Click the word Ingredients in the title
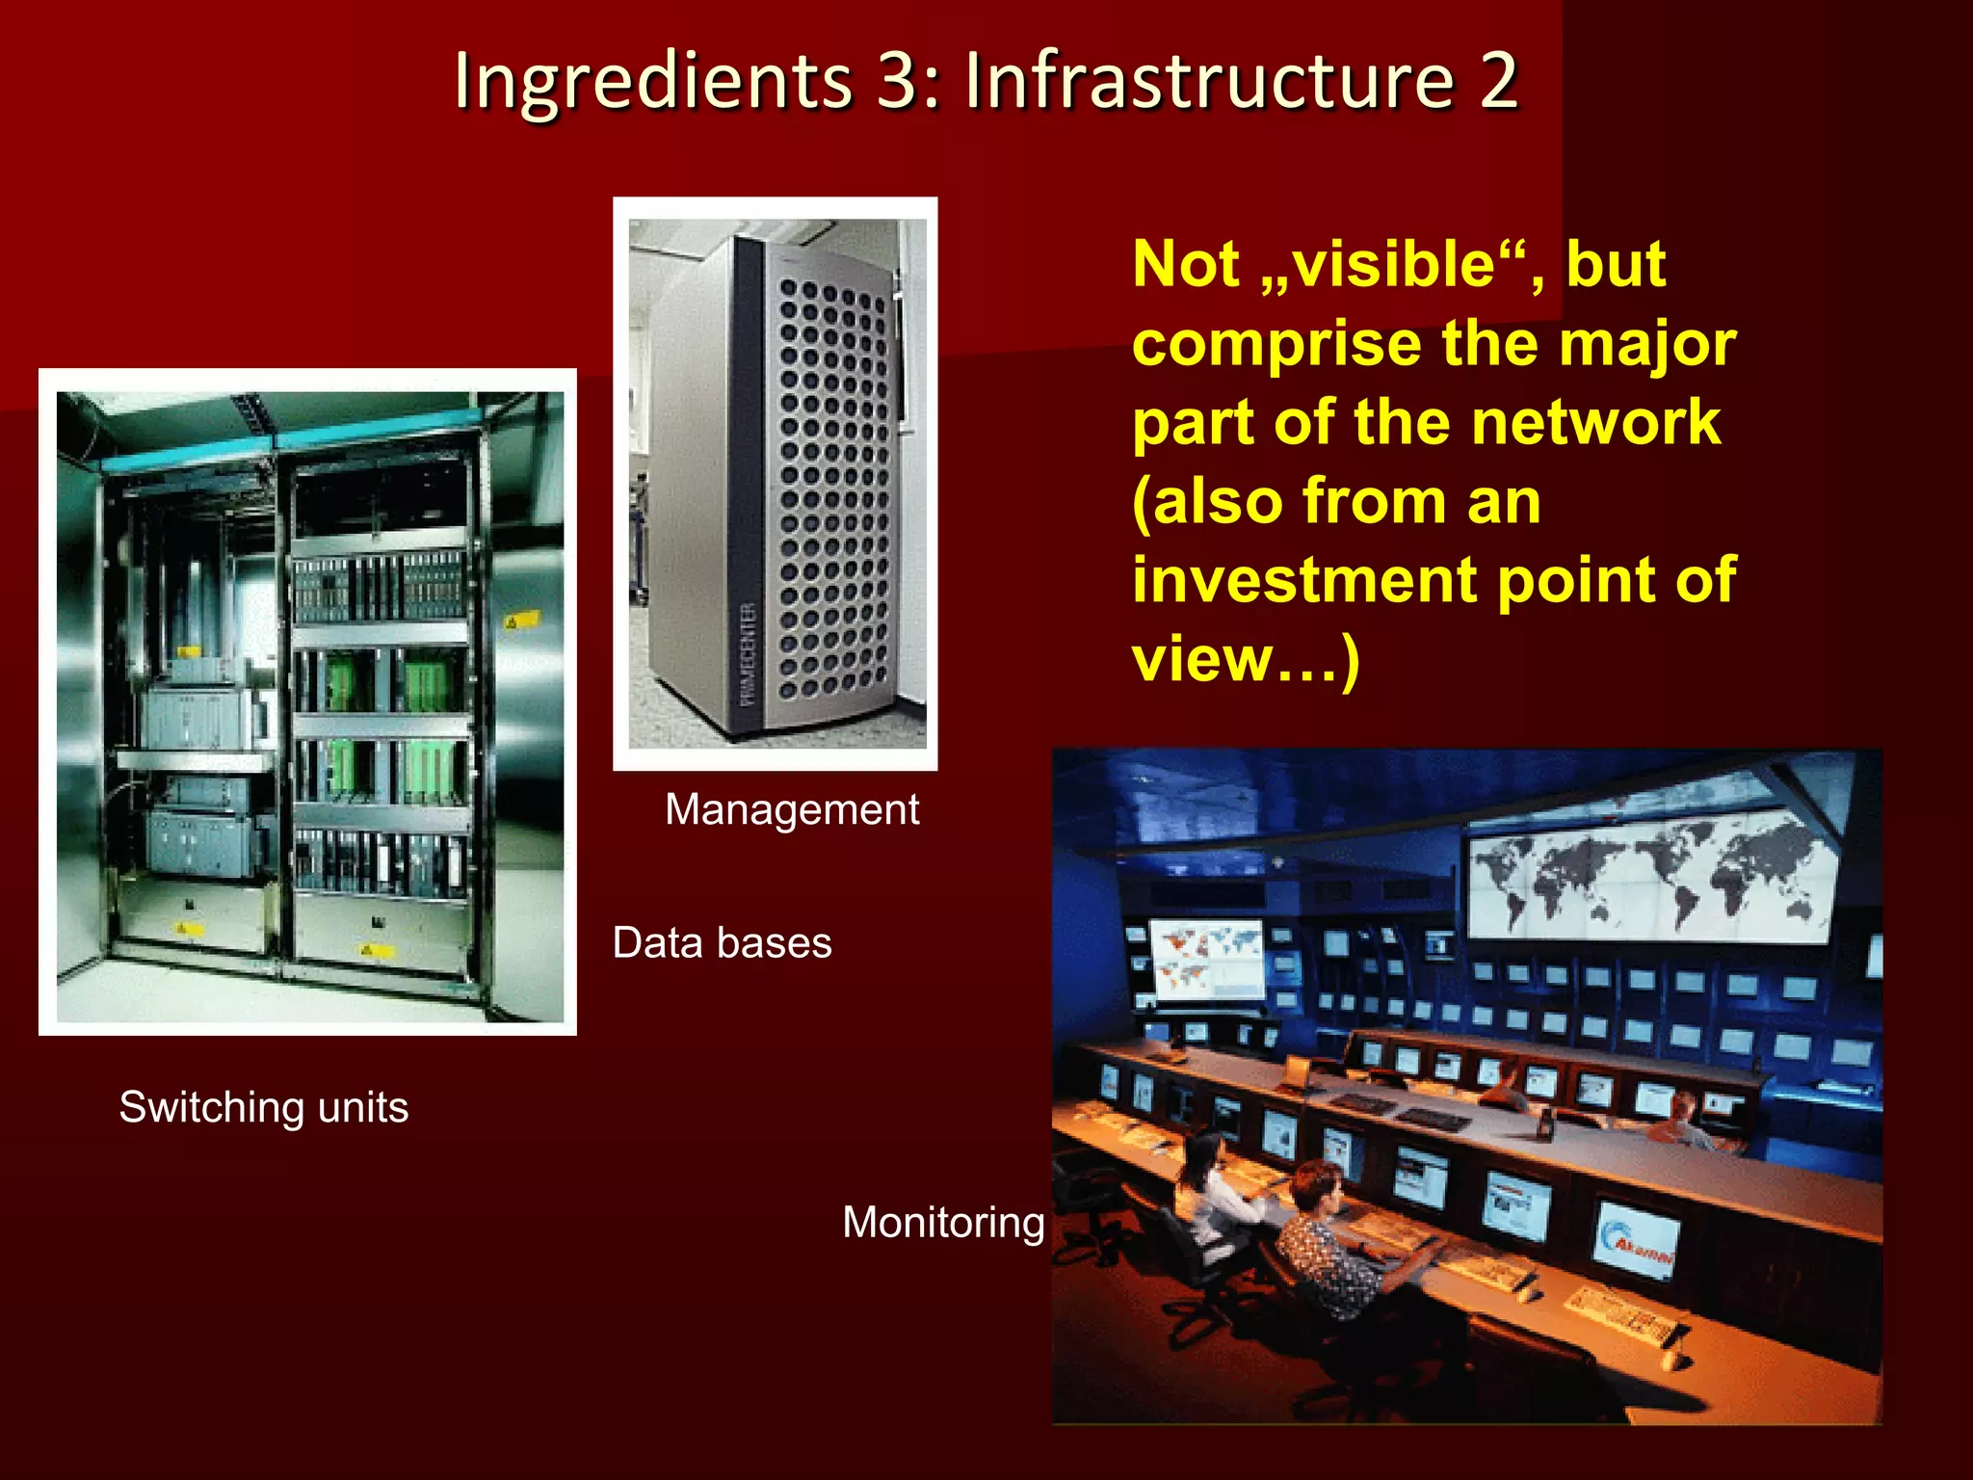pyautogui.click(x=653, y=81)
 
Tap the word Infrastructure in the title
pyautogui.click(x=1209, y=81)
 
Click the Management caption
pyautogui.click(x=792, y=809)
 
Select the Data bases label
pyautogui.click(x=722, y=943)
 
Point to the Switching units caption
pyautogui.click(x=263, y=1107)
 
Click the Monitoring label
pyautogui.click(x=943, y=1223)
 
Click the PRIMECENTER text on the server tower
pyautogui.click(x=749, y=656)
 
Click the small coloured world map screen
pyautogui.click(x=1207, y=959)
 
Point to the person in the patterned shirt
pyautogui.click(x=1334, y=1243)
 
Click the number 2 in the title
pyautogui.click(x=1498, y=81)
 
